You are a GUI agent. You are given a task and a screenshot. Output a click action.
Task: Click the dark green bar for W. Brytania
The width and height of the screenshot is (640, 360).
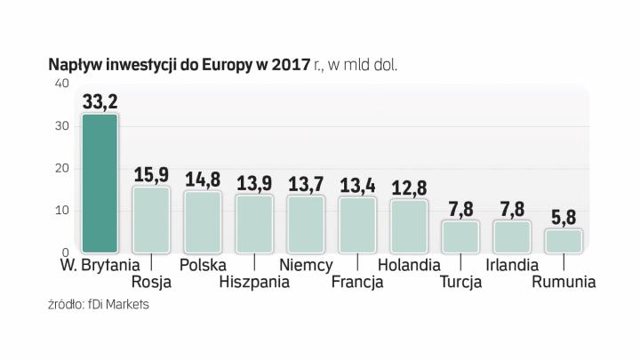(x=99, y=183)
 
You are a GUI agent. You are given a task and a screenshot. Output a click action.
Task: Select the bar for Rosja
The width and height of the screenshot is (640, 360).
(x=151, y=220)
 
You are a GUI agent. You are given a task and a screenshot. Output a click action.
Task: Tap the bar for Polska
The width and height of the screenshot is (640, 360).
(x=203, y=221)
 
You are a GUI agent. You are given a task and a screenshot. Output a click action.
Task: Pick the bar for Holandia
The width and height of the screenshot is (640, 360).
(x=409, y=226)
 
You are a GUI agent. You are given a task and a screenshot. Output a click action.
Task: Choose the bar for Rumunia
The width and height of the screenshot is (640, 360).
(x=564, y=241)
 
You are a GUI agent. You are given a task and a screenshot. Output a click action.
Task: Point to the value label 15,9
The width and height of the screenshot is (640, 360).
(x=151, y=175)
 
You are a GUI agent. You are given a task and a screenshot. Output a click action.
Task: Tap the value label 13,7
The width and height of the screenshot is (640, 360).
(x=306, y=184)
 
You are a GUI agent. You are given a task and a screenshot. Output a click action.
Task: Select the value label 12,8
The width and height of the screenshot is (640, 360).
(x=409, y=188)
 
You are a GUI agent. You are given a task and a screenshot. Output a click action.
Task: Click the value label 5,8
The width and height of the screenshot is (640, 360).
(x=564, y=217)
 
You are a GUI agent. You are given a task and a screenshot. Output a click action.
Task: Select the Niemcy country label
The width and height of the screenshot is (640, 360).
(x=306, y=265)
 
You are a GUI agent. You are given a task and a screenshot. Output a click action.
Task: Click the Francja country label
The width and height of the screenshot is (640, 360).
(x=356, y=283)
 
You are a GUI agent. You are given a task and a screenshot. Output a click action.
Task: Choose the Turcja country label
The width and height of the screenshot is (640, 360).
(x=460, y=283)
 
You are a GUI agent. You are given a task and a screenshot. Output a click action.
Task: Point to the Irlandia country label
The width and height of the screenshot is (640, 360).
(x=512, y=265)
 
